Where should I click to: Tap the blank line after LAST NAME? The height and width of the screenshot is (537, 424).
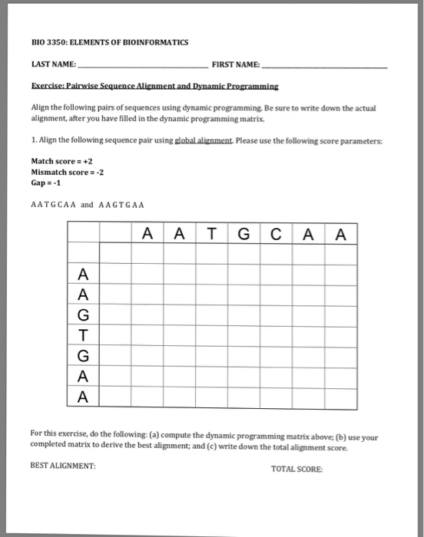pos(141,67)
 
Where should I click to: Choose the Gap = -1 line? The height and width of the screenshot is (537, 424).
pos(47,183)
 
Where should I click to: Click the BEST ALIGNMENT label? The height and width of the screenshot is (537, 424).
pos(63,466)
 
